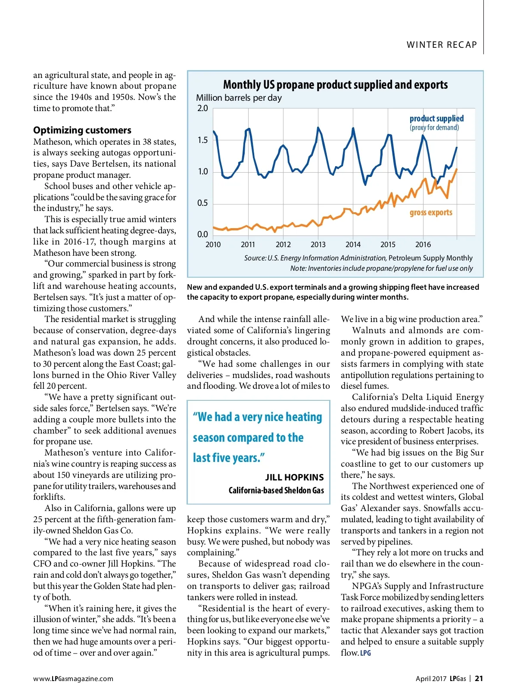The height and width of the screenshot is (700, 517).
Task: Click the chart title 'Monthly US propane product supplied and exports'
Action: pyautogui.click(x=335, y=85)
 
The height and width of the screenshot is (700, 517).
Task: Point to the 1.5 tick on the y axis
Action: pyautogui.click(x=202, y=140)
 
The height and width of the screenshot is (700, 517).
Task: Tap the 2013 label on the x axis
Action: pyautogui.click(x=318, y=245)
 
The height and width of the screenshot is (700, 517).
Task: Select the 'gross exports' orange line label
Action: pyautogui.click(x=431, y=212)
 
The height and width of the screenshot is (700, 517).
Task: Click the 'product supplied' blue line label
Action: pyautogui.click(x=436, y=118)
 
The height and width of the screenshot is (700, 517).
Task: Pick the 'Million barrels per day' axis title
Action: pyautogui.click(x=239, y=98)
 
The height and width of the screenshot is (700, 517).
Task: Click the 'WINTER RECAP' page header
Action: pyautogui.click(x=442, y=45)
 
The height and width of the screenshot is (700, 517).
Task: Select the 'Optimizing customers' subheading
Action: pyautogui.click(x=82, y=130)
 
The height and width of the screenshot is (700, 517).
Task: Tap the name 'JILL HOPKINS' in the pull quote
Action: pyautogui.click(x=294, y=477)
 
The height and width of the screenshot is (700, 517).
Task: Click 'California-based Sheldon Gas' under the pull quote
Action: pyautogui.click(x=276, y=490)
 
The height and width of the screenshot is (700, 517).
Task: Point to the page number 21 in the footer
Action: pyautogui.click(x=479, y=678)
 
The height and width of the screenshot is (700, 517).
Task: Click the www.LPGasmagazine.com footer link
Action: pyautogui.click(x=73, y=678)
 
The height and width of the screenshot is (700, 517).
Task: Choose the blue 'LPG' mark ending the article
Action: pyautogui.click(x=365, y=653)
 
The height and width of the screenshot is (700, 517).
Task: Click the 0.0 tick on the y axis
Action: pyautogui.click(x=202, y=235)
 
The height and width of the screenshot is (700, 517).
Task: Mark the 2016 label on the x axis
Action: pyautogui.click(x=423, y=245)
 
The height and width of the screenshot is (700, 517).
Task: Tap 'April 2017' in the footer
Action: pyautogui.click(x=431, y=678)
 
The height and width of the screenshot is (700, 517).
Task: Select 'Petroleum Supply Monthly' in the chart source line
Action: pyautogui.click(x=430, y=258)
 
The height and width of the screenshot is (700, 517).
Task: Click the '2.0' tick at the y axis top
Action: pyautogui.click(x=202, y=108)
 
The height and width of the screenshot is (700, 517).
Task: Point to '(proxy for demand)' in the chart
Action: pyautogui.click(x=434, y=127)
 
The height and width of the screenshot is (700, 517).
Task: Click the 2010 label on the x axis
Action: pyautogui.click(x=213, y=245)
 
